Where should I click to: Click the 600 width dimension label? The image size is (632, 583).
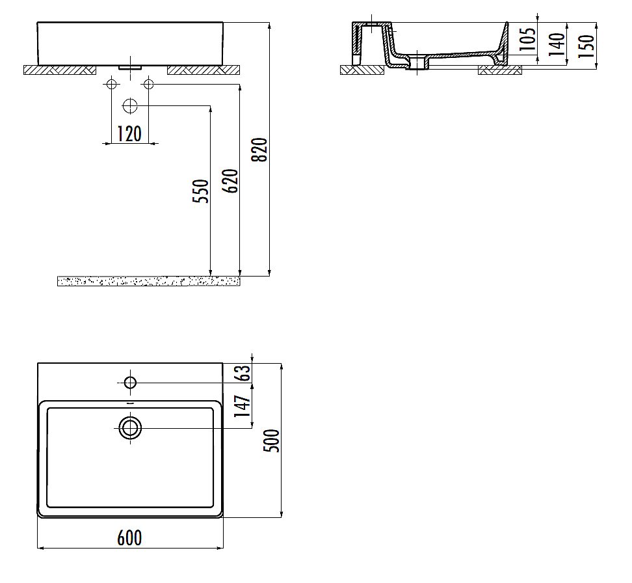pyautogui.click(x=129, y=537)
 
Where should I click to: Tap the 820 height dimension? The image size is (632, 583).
pyautogui.click(x=259, y=150)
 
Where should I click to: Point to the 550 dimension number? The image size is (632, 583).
pyautogui.click(x=202, y=191)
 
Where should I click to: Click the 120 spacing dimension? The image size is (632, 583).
pyautogui.click(x=129, y=134)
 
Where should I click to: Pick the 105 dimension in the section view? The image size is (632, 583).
pyautogui.click(x=529, y=39)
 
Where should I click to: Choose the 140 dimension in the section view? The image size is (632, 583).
pyautogui.click(x=557, y=44)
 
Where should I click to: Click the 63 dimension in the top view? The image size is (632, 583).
pyautogui.click(x=243, y=373)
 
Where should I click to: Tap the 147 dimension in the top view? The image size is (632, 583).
pyautogui.click(x=243, y=411)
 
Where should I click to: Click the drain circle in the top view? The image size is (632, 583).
pyautogui.click(x=130, y=427)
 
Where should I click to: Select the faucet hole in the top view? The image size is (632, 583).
pyautogui.click(x=130, y=382)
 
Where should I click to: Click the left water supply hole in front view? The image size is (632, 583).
pyautogui.click(x=111, y=84)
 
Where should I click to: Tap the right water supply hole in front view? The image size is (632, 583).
pyautogui.click(x=148, y=84)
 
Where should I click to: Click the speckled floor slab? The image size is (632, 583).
pyautogui.click(x=149, y=280)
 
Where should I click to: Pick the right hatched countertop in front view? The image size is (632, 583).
pyautogui.click(x=204, y=70)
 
